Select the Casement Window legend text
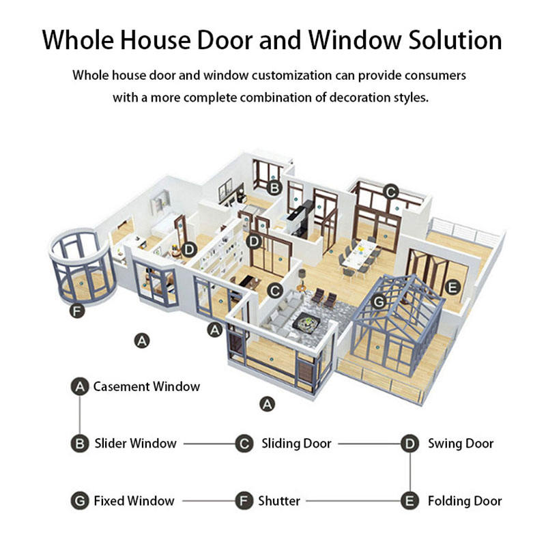pos(147,387)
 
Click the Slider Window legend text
pos(135,444)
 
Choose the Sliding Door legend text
pos(296,444)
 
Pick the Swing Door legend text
pos(461,444)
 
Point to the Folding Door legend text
pos(465,501)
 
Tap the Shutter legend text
pos(279,501)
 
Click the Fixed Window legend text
pos(134,501)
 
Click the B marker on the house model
pos(274,187)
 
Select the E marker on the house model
pos(451,287)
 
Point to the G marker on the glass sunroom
pos(380,300)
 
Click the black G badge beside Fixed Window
pos(81,501)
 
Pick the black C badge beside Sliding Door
pos(245,444)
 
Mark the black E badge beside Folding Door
pos(409,501)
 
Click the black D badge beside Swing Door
pos(409,444)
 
